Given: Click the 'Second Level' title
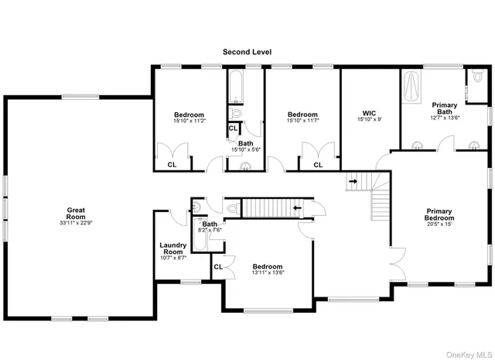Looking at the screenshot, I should (247, 52).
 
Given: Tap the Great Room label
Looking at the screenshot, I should (75, 211).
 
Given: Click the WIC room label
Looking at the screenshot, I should (369, 111).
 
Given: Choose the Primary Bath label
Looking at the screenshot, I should (444, 108).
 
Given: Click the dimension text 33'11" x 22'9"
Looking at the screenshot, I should (75, 223).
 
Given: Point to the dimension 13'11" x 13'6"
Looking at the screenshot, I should (267, 273).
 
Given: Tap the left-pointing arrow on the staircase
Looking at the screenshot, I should (298, 207).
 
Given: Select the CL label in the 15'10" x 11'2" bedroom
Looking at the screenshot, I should (172, 165).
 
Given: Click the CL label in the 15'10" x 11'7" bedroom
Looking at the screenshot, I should (318, 165).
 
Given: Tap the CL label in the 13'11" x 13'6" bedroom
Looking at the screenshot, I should (218, 267).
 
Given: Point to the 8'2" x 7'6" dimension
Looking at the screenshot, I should (210, 230).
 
